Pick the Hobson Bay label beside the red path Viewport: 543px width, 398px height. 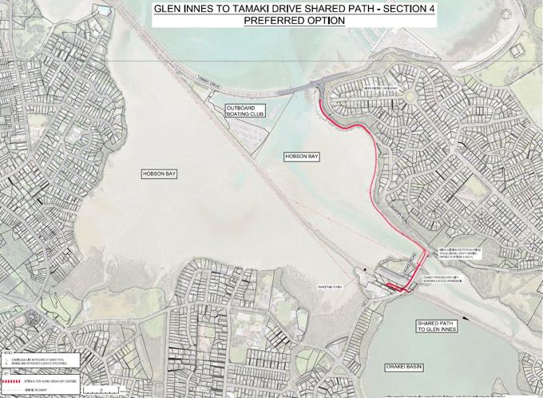pyautogui.click(x=302, y=157)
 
